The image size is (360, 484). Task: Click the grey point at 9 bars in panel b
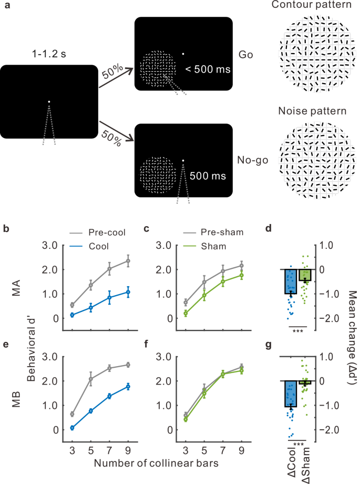tap(128, 260)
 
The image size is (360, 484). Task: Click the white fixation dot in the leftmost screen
tap(49, 101)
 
